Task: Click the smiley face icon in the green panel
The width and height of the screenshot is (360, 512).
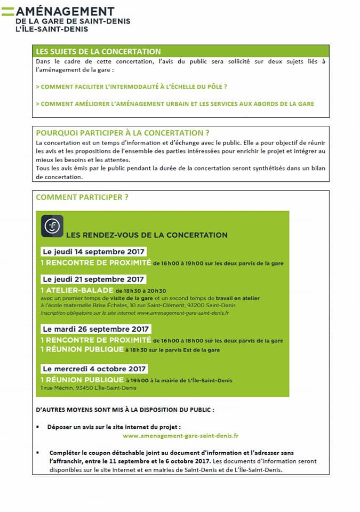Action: coord(52,226)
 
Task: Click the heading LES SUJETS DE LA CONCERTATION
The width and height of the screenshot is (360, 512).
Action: coord(98,52)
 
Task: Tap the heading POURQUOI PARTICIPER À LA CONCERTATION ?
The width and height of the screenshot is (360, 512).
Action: coord(122,133)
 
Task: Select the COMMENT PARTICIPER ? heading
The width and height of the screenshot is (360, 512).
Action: coord(82,197)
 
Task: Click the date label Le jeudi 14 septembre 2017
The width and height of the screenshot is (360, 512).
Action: coord(93,252)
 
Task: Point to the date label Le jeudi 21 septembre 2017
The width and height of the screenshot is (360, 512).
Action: coord(93,279)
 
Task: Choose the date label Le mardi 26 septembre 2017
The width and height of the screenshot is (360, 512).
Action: coord(95,329)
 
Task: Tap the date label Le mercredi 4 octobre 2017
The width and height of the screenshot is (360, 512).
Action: coord(94,369)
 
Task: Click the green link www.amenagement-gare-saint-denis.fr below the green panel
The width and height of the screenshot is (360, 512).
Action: coord(180,436)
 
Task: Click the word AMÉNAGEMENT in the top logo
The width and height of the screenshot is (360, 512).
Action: coord(65,11)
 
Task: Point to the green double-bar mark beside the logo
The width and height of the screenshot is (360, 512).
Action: coord(8,11)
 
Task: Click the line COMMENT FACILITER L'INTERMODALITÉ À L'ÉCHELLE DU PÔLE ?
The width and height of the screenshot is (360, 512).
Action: coord(131,86)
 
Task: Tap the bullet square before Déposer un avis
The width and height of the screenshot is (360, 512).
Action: coord(38,427)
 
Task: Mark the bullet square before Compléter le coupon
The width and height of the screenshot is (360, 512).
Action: coord(38,452)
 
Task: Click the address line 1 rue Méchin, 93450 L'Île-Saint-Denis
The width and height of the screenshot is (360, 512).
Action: coord(89,388)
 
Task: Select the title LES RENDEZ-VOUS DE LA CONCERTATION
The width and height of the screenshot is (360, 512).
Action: coord(147,235)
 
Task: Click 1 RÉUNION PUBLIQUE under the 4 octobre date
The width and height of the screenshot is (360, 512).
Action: coord(82,380)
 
